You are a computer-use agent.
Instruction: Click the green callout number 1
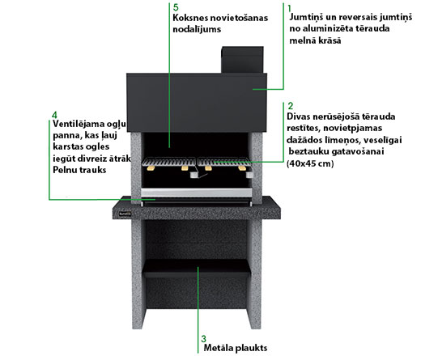[289, 8]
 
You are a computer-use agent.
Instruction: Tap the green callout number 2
[291, 106]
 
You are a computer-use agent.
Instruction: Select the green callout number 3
[203, 339]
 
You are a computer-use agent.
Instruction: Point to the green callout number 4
[54, 116]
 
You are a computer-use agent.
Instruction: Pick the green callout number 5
[176, 7]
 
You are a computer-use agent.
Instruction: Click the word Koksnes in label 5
[190, 18]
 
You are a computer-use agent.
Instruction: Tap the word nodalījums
[197, 29]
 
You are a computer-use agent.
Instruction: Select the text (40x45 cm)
[310, 163]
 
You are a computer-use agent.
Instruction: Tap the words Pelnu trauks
[79, 170]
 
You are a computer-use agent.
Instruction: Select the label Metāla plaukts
[236, 348]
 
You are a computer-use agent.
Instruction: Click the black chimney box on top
[242, 60]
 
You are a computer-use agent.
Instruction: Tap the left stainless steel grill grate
[168, 162]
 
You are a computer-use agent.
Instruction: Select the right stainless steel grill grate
[224, 162]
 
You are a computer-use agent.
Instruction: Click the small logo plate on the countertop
[125, 214]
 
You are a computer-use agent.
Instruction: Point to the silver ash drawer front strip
[196, 193]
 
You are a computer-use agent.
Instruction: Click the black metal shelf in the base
[197, 269]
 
